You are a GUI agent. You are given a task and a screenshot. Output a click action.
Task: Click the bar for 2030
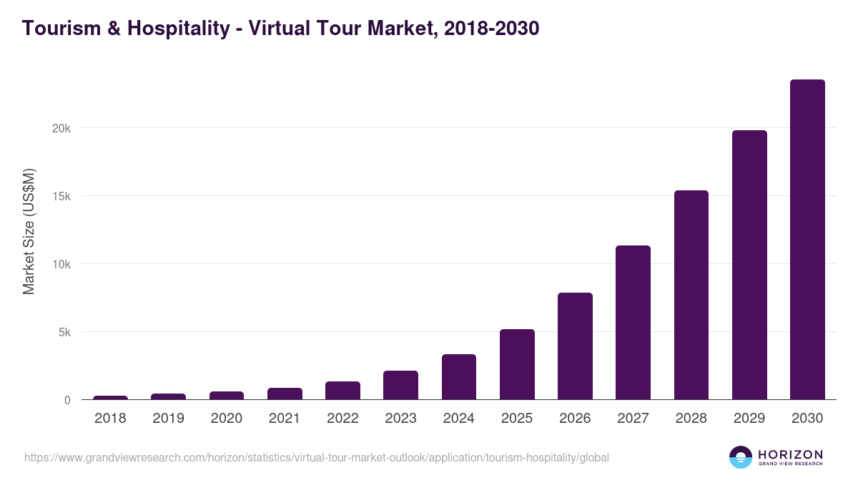[807, 240]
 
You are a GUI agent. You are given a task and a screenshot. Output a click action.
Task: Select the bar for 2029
[749, 265]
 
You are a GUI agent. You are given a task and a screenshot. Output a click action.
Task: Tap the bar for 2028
[691, 295]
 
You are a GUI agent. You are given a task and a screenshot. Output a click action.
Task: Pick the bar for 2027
[633, 322]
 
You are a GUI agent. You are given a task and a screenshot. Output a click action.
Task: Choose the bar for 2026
[575, 346]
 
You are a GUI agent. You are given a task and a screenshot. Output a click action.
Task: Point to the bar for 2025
[517, 364]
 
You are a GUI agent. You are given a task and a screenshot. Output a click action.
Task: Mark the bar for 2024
[459, 377]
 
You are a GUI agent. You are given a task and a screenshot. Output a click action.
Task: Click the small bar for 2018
[110, 397]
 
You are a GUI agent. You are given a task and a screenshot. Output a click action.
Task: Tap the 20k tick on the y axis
[62, 128]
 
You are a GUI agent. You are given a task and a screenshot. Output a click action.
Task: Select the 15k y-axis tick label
[62, 196]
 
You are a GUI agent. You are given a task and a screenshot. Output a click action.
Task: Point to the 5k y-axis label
[64, 332]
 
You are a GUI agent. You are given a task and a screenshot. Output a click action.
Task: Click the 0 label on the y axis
[67, 400]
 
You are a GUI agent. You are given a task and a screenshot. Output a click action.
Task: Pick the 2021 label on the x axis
[285, 419]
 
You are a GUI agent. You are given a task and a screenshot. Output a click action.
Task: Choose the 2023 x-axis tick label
[400, 419]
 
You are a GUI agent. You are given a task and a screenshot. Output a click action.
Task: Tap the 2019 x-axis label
[168, 419]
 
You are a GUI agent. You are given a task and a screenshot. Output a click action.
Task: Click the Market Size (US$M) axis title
[29, 232]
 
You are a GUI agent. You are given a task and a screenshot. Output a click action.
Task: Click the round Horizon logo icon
[740, 457]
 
